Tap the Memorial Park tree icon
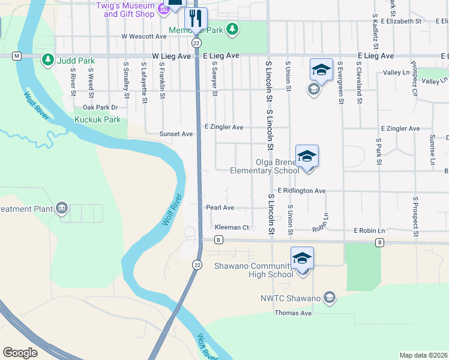(232, 29)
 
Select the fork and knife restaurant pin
(196, 18)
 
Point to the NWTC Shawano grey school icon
(329, 297)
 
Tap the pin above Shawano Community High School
(302, 258)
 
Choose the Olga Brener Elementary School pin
(307, 157)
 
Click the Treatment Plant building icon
(61, 209)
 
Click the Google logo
(20, 352)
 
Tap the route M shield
(17, 56)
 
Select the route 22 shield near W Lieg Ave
(196, 43)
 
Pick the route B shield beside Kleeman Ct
(219, 240)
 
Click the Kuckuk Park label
(97, 119)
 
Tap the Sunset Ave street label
(176, 134)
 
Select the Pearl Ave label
(220, 208)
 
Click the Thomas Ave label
(293, 313)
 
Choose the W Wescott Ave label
(143, 36)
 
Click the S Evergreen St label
(340, 83)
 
